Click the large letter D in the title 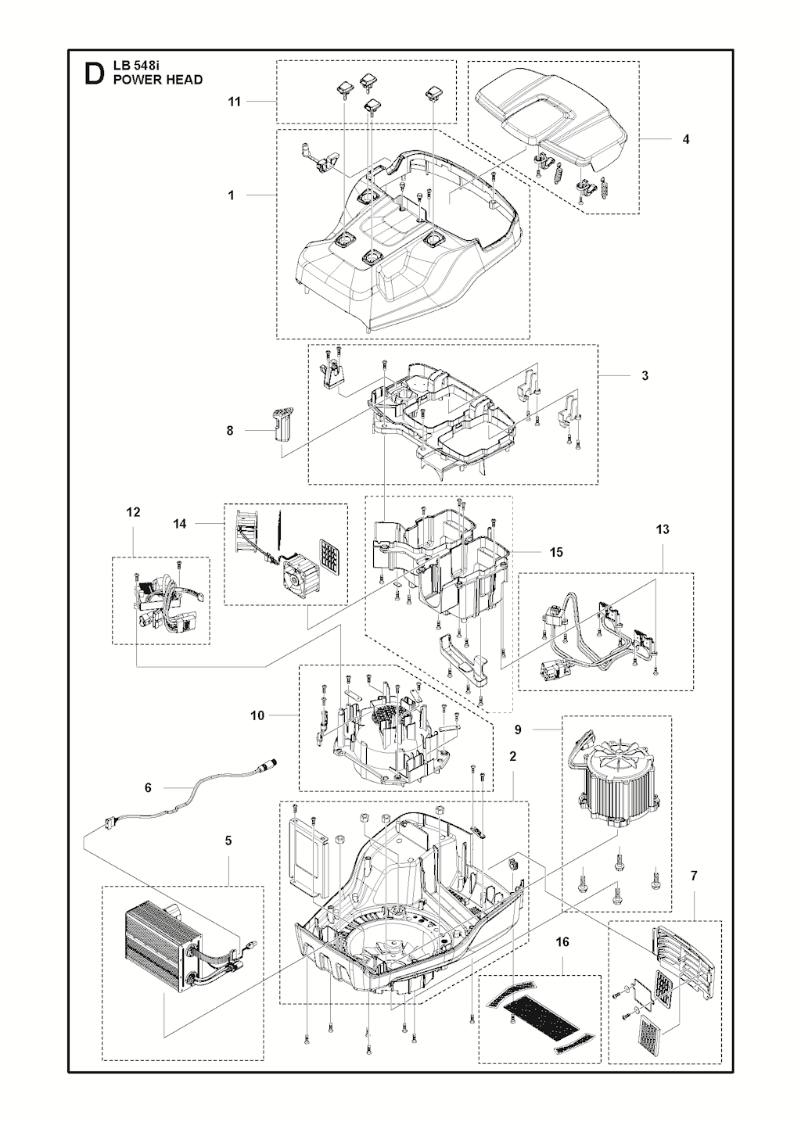pos(94,73)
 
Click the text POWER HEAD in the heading pos(158,80)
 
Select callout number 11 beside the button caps pos(235,102)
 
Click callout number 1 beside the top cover pos(231,195)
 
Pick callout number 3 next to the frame pos(645,375)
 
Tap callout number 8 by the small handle pos(230,430)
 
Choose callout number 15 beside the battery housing pos(556,552)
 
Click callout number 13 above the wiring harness pos(663,529)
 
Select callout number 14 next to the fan pos(179,524)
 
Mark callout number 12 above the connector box pos(133,512)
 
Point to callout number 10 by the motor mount pos(257,715)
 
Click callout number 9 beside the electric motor pos(518,729)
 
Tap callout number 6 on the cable pos(148,788)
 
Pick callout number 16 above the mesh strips pos(562,941)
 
